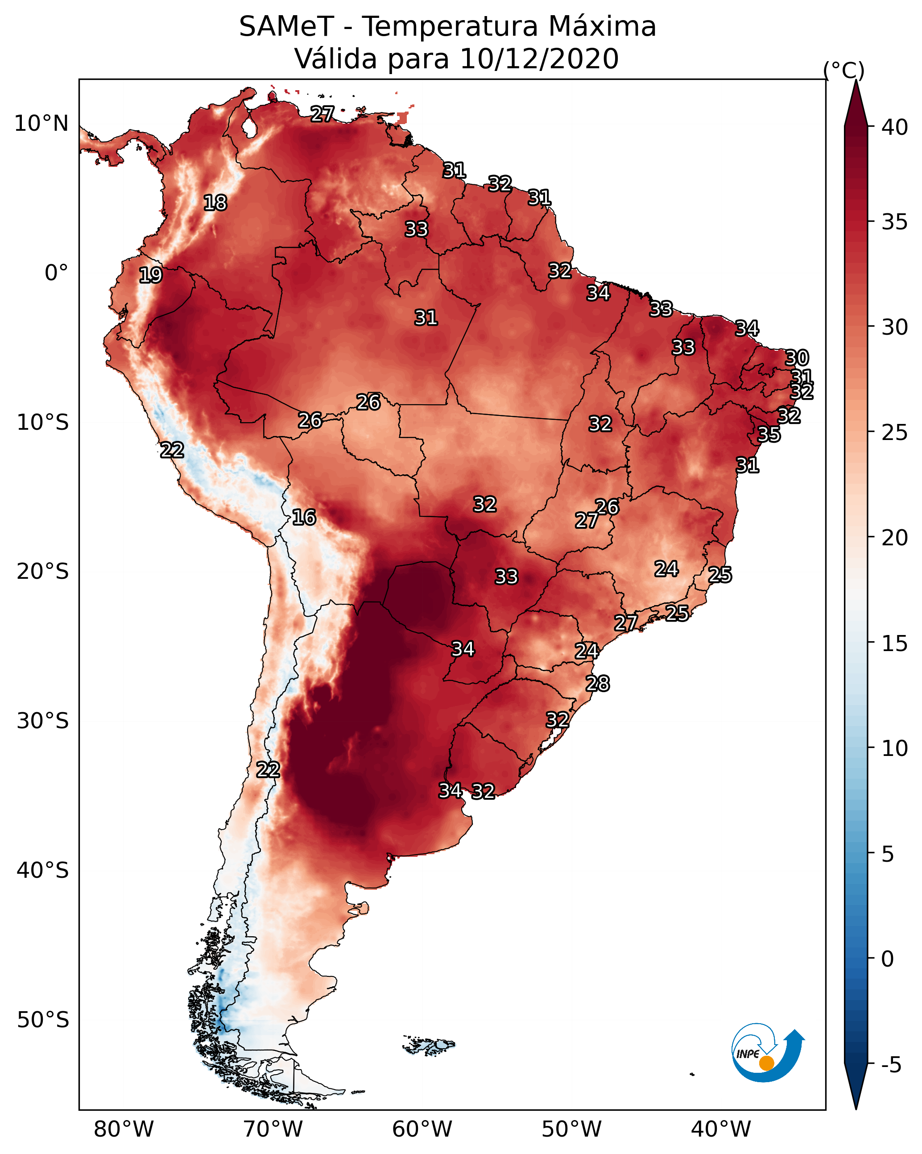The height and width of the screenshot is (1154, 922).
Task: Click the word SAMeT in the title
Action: [x=286, y=27]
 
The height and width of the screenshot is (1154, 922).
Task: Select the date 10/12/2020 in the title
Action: [x=539, y=59]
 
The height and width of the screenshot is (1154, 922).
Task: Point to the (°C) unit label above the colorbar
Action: [x=844, y=70]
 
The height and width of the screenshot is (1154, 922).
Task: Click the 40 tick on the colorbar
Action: [x=895, y=127]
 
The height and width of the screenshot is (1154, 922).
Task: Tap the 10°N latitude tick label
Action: [x=41, y=124]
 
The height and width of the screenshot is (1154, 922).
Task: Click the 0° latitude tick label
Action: [x=56, y=273]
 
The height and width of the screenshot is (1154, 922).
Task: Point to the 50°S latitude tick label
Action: [x=43, y=1020]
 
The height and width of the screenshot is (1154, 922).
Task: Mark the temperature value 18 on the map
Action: [x=215, y=203]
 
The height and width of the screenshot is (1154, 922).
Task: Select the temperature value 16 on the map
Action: [x=304, y=517]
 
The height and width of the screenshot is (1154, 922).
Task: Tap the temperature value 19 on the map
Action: [x=150, y=275]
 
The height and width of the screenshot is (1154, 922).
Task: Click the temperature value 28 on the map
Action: [x=597, y=684]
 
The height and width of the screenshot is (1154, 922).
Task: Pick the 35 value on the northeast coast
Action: [x=769, y=435]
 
